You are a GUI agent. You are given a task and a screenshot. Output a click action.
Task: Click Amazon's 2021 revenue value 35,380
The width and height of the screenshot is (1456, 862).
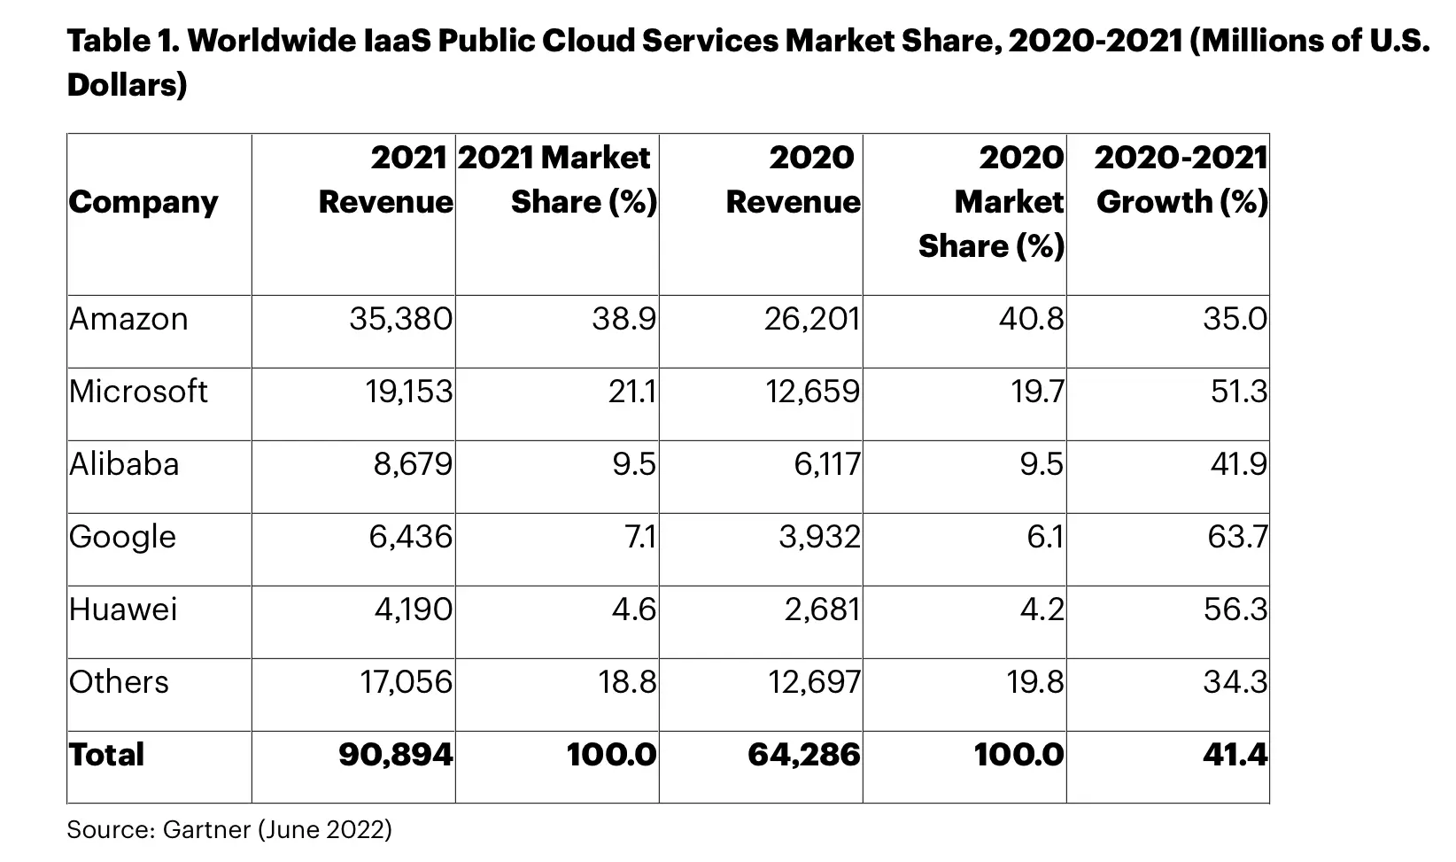(x=401, y=319)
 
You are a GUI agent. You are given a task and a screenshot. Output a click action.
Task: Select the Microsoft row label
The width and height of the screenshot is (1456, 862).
(x=138, y=392)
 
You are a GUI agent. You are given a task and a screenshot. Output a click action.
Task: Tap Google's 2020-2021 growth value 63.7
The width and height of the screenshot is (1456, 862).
(x=1237, y=537)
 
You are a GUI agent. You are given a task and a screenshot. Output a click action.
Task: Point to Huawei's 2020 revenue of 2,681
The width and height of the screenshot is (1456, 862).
(x=822, y=610)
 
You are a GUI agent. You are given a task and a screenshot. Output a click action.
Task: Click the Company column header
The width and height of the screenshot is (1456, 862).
(x=143, y=203)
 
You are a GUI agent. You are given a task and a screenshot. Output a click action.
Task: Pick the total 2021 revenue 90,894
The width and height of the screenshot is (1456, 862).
(x=395, y=755)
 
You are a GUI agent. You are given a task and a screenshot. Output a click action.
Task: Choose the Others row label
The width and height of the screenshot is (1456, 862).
(x=119, y=682)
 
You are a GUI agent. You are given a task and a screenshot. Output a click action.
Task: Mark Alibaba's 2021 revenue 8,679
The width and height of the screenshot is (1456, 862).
(x=413, y=464)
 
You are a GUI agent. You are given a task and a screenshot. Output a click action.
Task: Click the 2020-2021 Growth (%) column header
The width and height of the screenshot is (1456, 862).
(x=1181, y=180)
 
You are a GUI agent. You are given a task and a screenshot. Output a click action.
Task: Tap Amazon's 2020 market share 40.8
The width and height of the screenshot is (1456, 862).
(x=1032, y=319)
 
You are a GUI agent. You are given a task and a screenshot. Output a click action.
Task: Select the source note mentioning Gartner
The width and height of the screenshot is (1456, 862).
(x=229, y=829)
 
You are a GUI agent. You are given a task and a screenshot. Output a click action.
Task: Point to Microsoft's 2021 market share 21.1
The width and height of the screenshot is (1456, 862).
(x=631, y=392)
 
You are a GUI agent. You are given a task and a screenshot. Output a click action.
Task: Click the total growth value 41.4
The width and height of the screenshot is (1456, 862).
(x=1235, y=755)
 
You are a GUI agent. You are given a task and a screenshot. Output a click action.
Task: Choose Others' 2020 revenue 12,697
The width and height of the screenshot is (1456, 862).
(x=814, y=682)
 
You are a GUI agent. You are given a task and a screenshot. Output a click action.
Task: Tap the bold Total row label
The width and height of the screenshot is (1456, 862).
(x=106, y=755)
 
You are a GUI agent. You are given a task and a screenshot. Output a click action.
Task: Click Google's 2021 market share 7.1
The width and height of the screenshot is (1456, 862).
(x=640, y=537)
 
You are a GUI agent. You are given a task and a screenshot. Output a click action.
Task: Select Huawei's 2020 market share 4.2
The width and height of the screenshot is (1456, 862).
(x=1042, y=610)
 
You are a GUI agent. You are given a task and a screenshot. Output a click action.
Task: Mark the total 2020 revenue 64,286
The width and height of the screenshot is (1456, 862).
(x=804, y=755)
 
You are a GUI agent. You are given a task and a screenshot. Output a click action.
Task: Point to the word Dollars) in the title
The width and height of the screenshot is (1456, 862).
(x=127, y=85)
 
